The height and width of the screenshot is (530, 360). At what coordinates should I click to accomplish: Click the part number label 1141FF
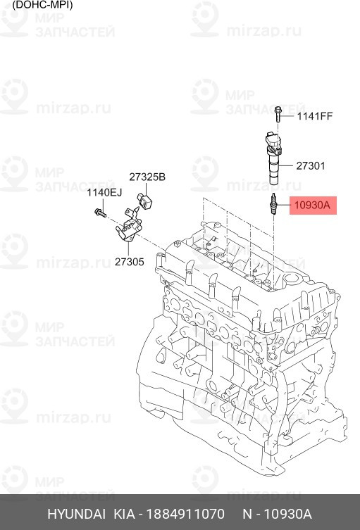click(x=315, y=116)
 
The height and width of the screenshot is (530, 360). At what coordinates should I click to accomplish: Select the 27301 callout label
click(x=311, y=166)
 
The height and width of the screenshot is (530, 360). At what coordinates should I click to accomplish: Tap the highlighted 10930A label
click(x=313, y=205)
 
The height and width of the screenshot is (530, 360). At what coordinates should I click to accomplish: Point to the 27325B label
click(x=147, y=177)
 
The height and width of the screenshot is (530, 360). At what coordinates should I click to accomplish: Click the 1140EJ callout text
click(x=104, y=193)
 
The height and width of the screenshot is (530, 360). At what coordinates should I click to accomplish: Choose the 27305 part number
click(x=129, y=262)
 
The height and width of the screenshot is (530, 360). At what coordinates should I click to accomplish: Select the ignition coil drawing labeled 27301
click(x=274, y=158)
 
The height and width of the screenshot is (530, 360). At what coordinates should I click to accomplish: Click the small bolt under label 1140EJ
click(x=101, y=213)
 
